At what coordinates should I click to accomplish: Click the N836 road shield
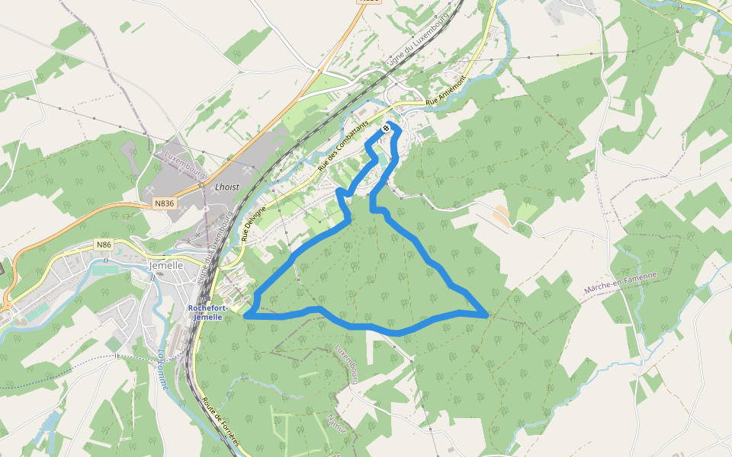pos(164,203)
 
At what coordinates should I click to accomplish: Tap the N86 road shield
pos(104,244)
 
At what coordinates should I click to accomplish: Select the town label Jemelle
pos(166,266)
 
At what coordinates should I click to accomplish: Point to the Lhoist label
pos(227,187)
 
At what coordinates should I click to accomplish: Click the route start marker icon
pos(387,129)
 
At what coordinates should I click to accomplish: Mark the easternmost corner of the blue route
pos(486,314)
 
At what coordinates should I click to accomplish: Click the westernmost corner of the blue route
pos(246,315)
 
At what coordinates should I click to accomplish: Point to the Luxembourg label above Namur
pos(346,363)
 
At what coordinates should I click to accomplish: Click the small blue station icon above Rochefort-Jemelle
pos(212,300)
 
